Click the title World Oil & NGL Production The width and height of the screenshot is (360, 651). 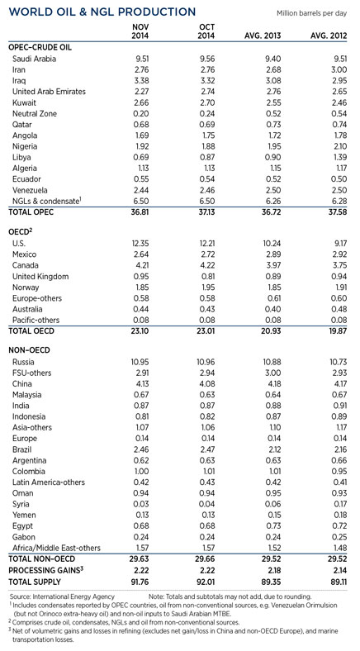[x=100, y=13]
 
